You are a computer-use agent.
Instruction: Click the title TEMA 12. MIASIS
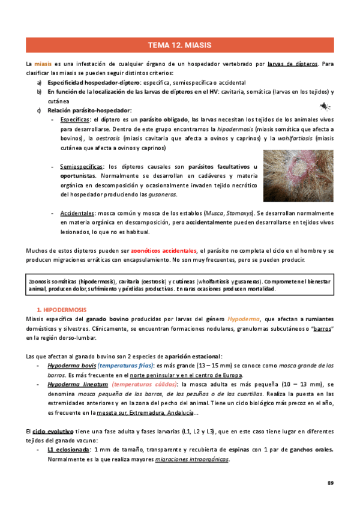(179, 46)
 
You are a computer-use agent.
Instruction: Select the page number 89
(330, 483)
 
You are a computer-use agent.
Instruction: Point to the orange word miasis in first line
(43, 64)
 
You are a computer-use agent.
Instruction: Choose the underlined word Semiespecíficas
(81, 166)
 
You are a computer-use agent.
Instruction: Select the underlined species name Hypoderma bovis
(72, 365)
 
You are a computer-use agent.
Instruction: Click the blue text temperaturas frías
(125, 365)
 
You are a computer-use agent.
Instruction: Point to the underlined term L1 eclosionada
(68, 450)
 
